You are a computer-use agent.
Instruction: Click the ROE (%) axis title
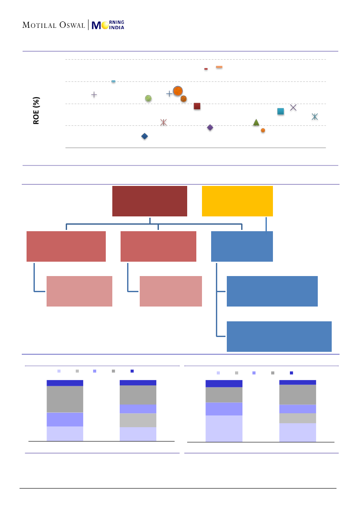(37, 111)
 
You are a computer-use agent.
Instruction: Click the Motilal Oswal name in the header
(54, 25)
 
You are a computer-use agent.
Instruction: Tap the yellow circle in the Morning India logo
(104, 25)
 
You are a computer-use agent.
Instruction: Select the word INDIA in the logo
(117, 28)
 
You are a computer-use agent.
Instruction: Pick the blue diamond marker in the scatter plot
(145, 136)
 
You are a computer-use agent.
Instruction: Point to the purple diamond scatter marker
(210, 128)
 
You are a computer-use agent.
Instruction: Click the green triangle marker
(256, 122)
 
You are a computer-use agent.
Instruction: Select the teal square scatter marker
(281, 111)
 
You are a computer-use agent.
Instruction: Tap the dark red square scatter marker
(197, 106)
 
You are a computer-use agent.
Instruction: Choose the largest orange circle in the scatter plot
(178, 91)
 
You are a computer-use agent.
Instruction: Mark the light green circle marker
(148, 98)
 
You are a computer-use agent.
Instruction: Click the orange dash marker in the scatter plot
(219, 67)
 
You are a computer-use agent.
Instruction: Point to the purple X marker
(293, 108)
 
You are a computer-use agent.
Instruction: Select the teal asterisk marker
(315, 117)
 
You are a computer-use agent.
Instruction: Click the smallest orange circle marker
(263, 130)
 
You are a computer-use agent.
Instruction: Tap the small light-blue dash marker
(113, 81)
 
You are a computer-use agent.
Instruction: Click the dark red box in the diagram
(150, 201)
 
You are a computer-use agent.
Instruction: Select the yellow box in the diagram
(237, 201)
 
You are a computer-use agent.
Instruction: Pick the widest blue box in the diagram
(279, 336)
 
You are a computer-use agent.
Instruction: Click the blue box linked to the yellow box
(242, 246)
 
